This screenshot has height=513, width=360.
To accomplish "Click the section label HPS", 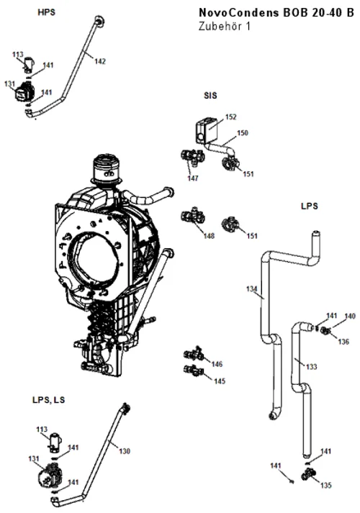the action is [47, 12].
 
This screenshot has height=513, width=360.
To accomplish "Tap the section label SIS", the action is [210, 96].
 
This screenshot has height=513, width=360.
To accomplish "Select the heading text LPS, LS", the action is [48, 400].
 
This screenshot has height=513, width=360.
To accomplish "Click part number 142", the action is [100, 61].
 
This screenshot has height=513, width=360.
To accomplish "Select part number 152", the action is [230, 117].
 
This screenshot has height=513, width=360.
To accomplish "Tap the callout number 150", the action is [243, 133].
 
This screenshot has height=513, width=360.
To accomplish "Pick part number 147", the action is [193, 178].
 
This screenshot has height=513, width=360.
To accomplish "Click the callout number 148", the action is [209, 236].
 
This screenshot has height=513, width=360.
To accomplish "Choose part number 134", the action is [252, 289].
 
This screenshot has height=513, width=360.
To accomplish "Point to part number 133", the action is [312, 367].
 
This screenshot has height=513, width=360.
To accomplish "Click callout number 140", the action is [350, 316].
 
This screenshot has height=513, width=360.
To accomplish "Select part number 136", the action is [343, 342].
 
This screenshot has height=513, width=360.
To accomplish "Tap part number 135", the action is [326, 485].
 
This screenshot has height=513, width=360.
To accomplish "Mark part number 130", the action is [125, 451].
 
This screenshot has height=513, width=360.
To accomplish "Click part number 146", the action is [217, 364].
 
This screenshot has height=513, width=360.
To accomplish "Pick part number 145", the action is [220, 381].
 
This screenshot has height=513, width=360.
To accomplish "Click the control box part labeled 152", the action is [207, 131].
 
